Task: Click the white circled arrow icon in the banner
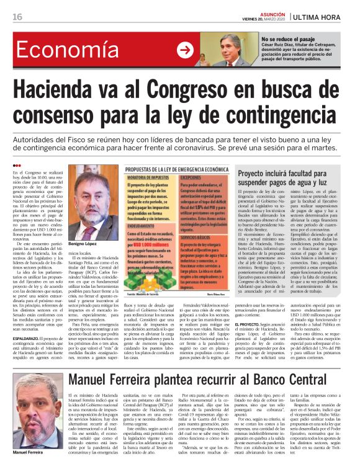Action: point(184,51)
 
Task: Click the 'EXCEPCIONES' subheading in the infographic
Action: point(193,177)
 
